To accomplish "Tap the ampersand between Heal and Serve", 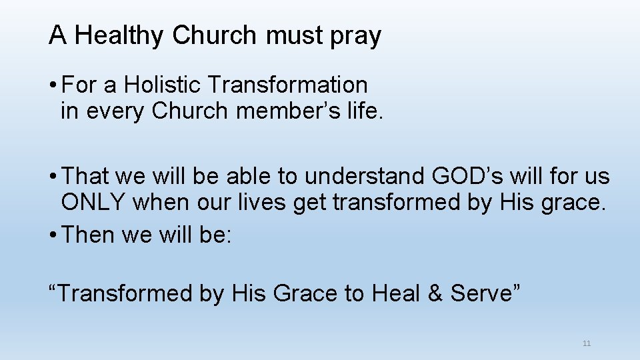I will (x=436, y=293).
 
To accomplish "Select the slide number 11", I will (x=587, y=343).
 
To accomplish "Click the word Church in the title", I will (x=214, y=36).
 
